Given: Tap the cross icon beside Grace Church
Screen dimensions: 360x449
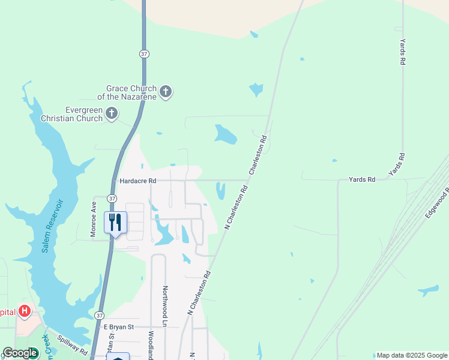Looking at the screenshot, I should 166,92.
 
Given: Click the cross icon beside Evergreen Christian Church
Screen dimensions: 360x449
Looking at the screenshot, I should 111,113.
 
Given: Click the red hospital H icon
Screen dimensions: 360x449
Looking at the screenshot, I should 24,311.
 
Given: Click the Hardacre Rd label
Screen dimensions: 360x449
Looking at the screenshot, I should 137,181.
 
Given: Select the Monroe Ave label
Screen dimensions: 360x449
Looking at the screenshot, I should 94,219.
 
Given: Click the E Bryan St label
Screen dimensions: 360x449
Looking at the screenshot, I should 118,327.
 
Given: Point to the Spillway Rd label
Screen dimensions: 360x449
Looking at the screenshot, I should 73,345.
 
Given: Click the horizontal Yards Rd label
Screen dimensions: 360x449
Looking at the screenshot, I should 362,179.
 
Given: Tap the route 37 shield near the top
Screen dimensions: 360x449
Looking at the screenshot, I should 143,54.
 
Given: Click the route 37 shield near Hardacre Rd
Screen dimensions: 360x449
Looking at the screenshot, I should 112,198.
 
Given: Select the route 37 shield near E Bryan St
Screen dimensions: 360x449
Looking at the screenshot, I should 100,315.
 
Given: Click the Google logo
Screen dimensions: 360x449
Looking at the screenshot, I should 20,353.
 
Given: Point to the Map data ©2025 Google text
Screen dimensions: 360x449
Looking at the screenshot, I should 412,355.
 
